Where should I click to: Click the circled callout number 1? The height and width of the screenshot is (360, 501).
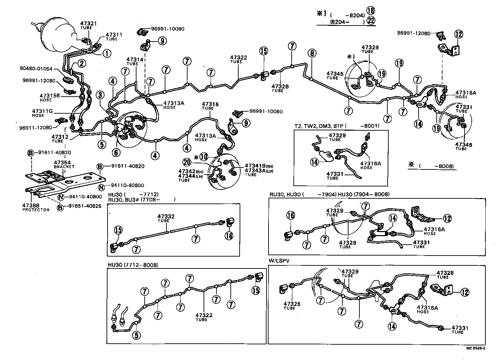pyautogui.click(x=107, y=53)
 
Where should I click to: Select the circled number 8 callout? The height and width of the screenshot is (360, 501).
pyautogui.click(x=312, y=53)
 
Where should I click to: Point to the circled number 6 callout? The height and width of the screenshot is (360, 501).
pyautogui.click(x=116, y=153)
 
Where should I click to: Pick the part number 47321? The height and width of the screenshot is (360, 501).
pyautogui.click(x=88, y=23)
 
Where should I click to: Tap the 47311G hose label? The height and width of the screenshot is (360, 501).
pyautogui.click(x=43, y=113)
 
